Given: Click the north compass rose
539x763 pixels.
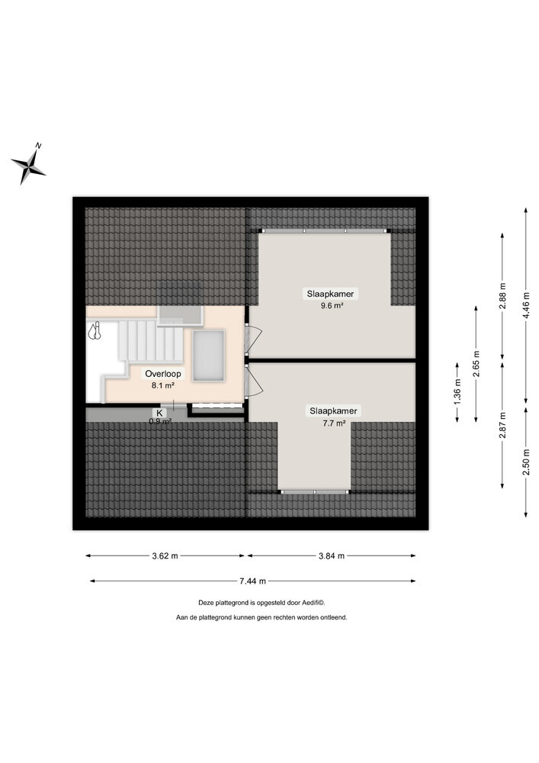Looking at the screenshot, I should (x=28, y=163).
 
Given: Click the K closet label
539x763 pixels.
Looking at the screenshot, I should (x=160, y=412).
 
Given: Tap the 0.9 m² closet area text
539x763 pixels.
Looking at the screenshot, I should (x=160, y=421).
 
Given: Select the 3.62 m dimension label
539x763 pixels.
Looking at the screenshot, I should (x=164, y=555).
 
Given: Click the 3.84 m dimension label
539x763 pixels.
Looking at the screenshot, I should (x=331, y=555).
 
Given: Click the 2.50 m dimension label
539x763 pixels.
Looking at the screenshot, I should (x=526, y=462).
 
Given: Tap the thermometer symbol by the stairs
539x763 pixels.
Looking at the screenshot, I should (x=95, y=331).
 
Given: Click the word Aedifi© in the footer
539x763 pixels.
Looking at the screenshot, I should (x=312, y=602).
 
